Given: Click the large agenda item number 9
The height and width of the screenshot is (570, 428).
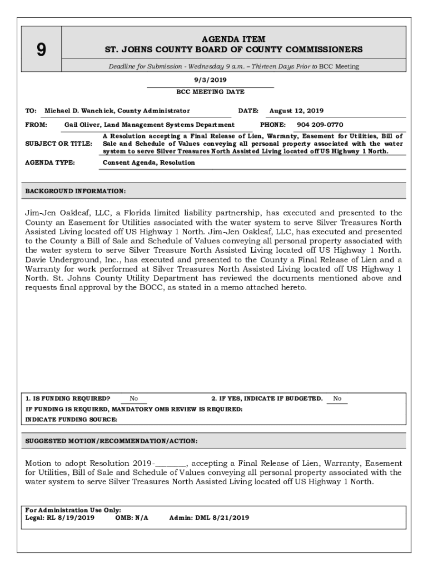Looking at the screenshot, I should tap(41, 50).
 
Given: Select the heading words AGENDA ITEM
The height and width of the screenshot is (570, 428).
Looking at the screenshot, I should tap(233, 40).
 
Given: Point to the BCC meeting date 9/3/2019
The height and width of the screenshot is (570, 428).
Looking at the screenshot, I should tap(210, 80).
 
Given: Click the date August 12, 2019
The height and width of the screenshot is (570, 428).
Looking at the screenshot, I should tap(296, 111).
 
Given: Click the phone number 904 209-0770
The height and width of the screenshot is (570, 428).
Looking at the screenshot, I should tap(320, 125).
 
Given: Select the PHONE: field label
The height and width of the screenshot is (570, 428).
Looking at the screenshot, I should tap(273, 125).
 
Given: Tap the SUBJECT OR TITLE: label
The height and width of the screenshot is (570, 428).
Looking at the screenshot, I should tap(59, 144).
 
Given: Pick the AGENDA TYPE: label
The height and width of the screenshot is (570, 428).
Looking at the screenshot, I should tap(50, 163).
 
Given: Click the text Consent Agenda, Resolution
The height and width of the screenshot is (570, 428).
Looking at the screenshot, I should tap(149, 163).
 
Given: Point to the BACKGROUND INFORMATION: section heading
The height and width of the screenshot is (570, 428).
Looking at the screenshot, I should tap(76, 191).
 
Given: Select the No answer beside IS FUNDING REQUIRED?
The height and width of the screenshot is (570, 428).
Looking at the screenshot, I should tap(134, 399).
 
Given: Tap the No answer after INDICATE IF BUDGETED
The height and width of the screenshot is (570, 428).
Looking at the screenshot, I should tap(337, 399).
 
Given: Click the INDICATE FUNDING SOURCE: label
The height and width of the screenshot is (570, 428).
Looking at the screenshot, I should tap(71, 420).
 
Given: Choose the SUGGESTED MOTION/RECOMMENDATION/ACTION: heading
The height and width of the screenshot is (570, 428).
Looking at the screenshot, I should tap(111, 441).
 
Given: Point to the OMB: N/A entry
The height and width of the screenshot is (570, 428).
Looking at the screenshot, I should tap(132, 518).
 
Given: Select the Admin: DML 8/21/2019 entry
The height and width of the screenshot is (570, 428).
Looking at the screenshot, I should tap(209, 518).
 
